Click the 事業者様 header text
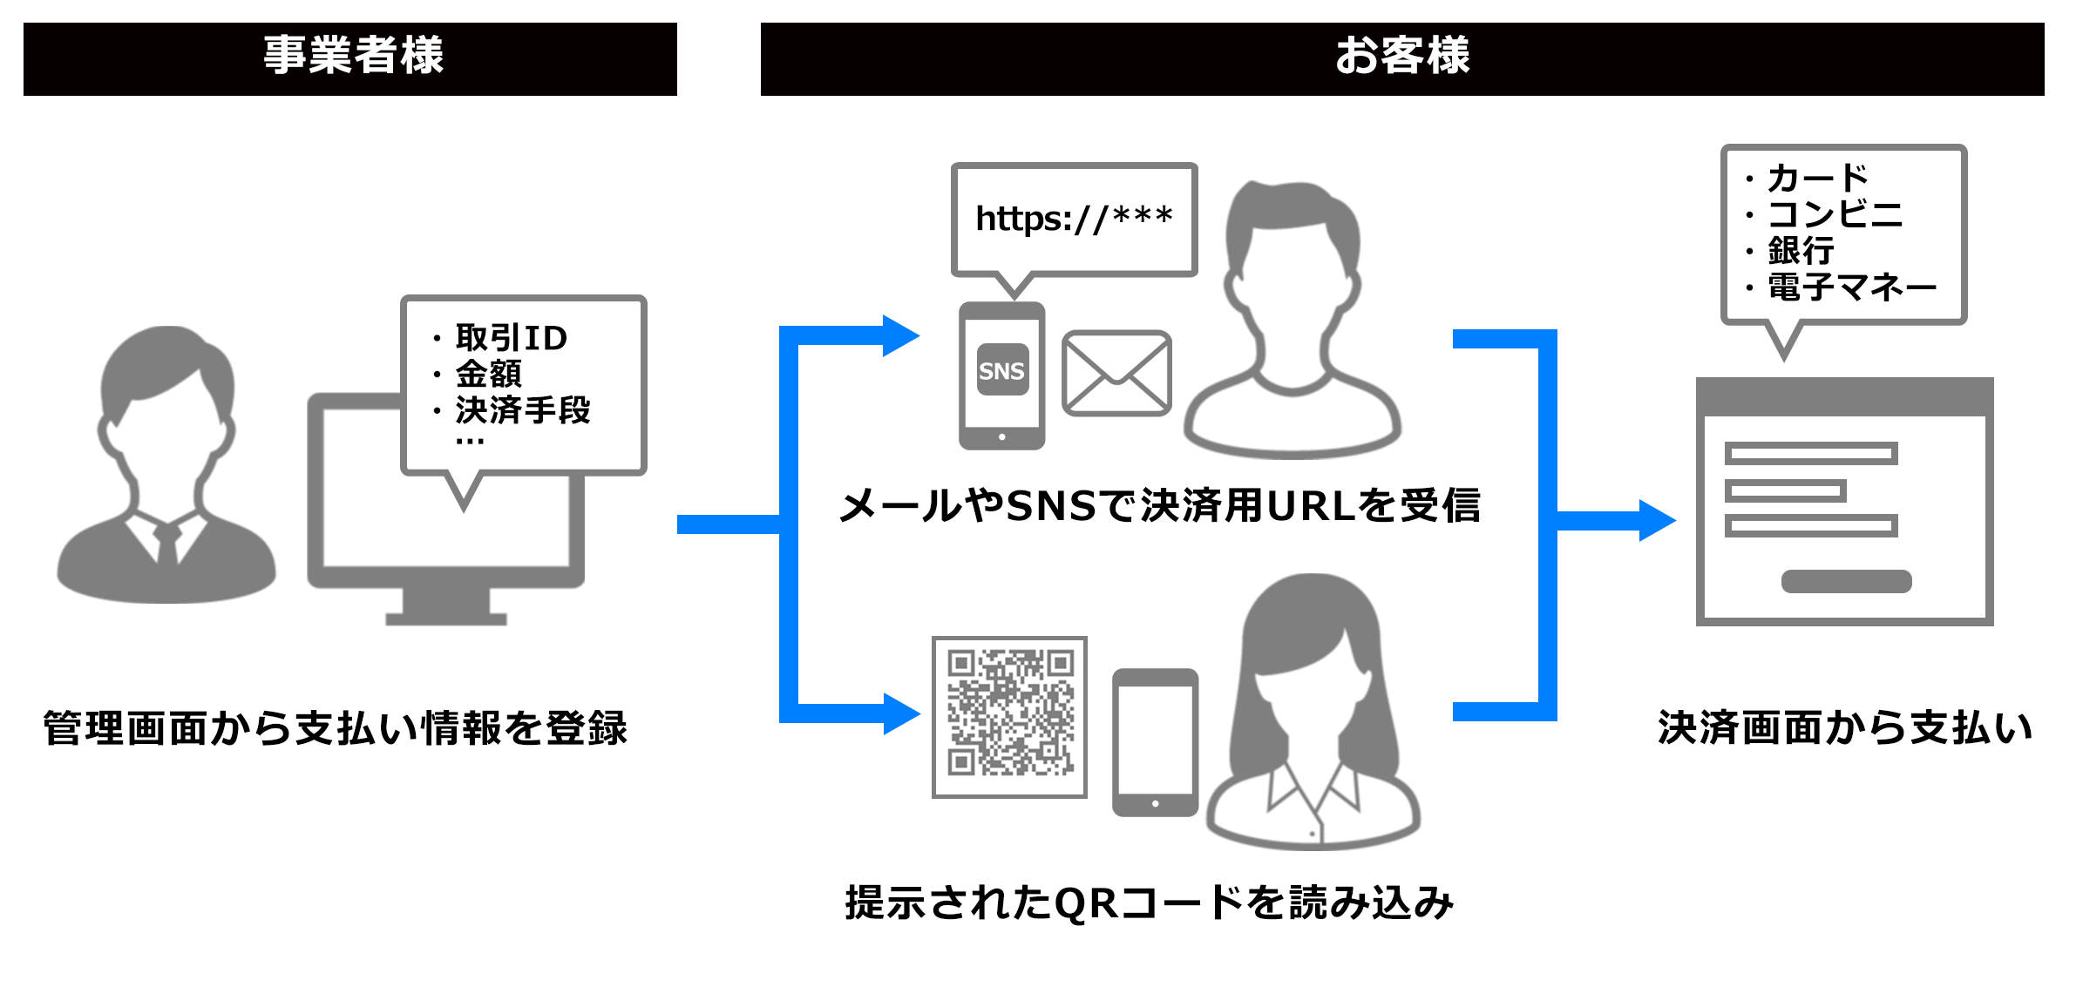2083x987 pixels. (353, 56)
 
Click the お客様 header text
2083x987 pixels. (1401, 56)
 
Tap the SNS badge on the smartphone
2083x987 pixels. (1001, 371)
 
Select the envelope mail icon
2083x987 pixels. (1116, 373)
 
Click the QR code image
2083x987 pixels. (1009, 716)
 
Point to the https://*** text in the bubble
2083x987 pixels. (1074, 218)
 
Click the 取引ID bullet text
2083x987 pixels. (511, 338)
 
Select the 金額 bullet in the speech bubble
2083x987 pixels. (488, 374)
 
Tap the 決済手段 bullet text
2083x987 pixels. (523, 409)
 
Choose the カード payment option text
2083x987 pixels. (1817, 179)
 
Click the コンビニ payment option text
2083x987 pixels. (1835, 214)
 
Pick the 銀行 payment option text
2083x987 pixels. (1801, 251)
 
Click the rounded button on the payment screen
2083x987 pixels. (1846, 581)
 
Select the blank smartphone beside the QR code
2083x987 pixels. (1155, 742)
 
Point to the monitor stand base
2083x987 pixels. (445, 618)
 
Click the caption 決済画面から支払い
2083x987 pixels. (1844, 728)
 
